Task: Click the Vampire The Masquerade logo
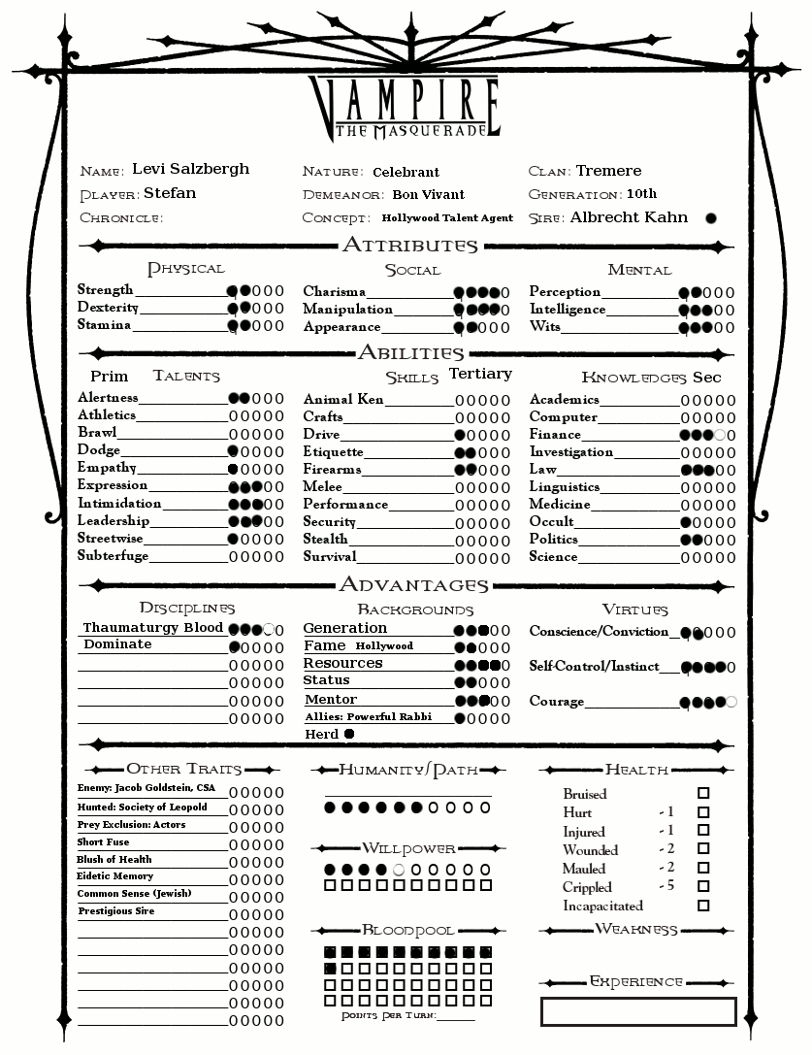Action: tap(405, 106)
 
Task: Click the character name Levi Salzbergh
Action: tap(190, 169)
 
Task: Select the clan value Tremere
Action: tap(608, 171)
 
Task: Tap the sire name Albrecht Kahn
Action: tap(629, 217)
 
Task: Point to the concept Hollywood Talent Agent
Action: tap(447, 218)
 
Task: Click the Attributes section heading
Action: tap(410, 246)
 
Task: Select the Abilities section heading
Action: tap(411, 353)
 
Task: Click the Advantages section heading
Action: tap(413, 585)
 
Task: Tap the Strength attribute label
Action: tap(106, 290)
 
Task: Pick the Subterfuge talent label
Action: tap(114, 556)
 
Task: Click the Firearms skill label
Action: tap(332, 470)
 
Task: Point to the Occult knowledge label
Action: tap(551, 522)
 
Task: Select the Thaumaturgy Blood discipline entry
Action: tap(153, 628)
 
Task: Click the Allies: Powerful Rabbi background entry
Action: tap(368, 717)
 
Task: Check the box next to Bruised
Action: tap(703, 793)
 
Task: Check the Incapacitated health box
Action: tap(703, 906)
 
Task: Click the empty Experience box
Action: tap(637, 1011)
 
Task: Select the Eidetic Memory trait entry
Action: tap(115, 876)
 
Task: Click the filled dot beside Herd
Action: tap(349, 734)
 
